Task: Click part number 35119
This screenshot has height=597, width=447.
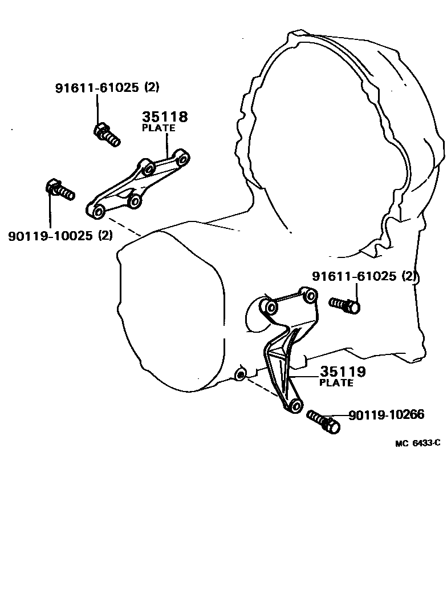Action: pyautogui.click(x=342, y=372)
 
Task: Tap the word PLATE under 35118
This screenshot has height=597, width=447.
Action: pyautogui.click(x=159, y=128)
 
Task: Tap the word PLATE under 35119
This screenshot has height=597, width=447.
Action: pyautogui.click(x=336, y=383)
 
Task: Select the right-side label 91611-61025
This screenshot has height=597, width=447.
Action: pyautogui.click(x=354, y=276)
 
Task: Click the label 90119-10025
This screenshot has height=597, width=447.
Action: pyautogui.click(x=50, y=236)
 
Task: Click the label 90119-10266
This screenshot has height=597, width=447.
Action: pyautogui.click(x=386, y=415)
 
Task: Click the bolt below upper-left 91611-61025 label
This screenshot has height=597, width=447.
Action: pyautogui.click(x=105, y=134)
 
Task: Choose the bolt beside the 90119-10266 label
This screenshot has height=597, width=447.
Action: pyautogui.click(x=323, y=421)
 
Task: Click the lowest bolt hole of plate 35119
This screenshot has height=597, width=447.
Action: pyautogui.click(x=295, y=406)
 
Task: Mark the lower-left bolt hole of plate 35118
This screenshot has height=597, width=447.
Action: pyautogui.click(x=98, y=211)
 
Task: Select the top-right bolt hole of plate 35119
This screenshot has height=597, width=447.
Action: pyautogui.click(x=311, y=296)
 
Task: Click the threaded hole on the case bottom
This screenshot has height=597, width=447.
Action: pyautogui.click(x=241, y=374)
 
